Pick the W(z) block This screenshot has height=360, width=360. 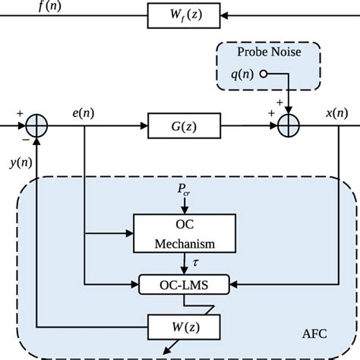[186, 329]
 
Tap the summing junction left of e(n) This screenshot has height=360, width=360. [37, 123]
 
